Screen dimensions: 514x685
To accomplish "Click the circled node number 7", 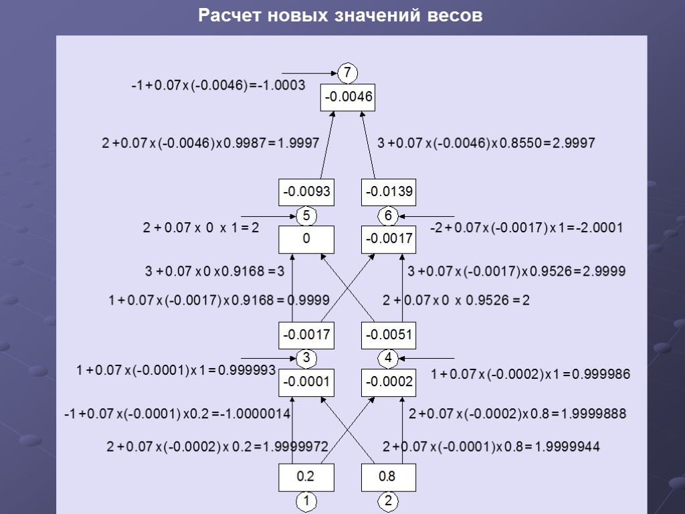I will point(347,72).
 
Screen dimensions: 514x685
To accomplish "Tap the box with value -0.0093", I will point(306,193).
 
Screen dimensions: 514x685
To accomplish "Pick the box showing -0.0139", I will point(389,193).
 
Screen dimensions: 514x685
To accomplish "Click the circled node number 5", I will point(306,216).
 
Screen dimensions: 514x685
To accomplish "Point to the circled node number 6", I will point(388,216).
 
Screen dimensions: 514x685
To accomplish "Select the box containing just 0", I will point(306,239).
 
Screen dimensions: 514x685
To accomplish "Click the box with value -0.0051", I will point(389,335).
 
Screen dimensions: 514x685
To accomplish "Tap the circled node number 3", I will point(306,358).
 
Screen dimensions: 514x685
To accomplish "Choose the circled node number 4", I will point(388,358).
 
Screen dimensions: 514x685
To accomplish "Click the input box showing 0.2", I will point(306,478).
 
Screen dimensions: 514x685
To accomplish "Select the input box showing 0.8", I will point(388,478).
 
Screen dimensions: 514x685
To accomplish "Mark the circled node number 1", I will point(306,501).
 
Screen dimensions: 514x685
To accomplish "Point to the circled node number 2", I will point(388,501).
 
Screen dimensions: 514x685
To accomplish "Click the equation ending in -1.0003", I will point(218,86).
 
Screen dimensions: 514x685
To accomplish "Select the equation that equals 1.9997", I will point(210,143).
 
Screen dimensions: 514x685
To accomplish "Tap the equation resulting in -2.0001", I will point(526,228).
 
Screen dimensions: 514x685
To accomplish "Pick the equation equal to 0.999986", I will point(530,375).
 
